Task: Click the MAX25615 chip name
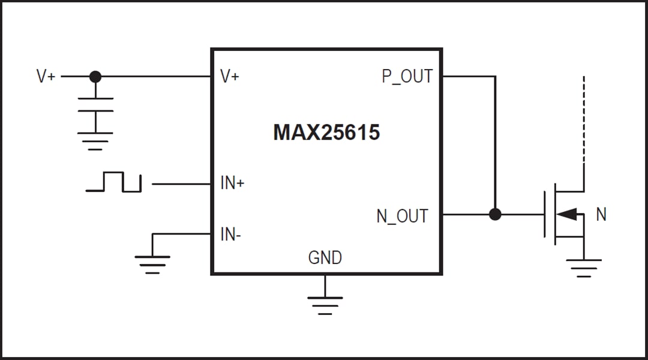tap(326, 132)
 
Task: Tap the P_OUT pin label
tap(407, 77)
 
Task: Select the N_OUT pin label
tap(402, 216)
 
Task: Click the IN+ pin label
tap(232, 184)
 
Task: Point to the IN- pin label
tap(231, 235)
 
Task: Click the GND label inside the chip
tap(325, 258)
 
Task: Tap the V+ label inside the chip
tap(230, 77)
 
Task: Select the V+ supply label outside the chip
tap(46, 77)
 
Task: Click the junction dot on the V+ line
tap(95, 77)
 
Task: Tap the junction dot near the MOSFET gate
tap(495, 214)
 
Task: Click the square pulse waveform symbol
tap(113, 182)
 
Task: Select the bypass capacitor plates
tap(95, 104)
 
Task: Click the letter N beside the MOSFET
tap(601, 214)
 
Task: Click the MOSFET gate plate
tap(545, 214)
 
